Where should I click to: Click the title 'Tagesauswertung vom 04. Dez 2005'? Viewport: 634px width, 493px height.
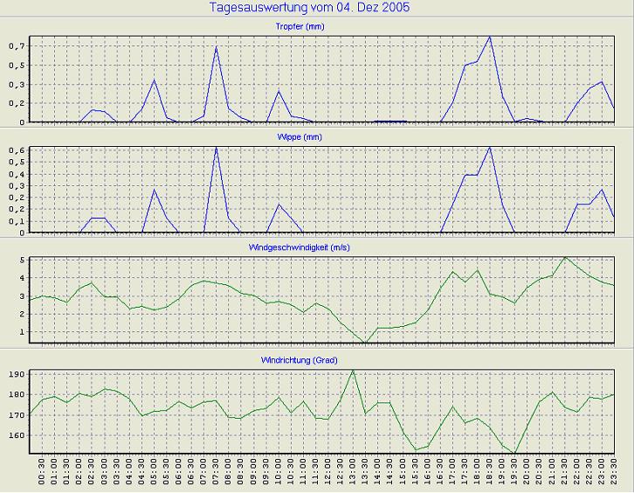[x=316, y=8]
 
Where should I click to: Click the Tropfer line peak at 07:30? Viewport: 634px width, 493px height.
[x=216, y=46]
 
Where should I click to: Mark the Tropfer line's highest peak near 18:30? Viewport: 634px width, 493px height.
[x=490, y=37]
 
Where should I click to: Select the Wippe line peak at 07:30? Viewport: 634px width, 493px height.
[x=216, y=147]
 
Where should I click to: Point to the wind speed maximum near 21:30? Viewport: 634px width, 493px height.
[x=565, y=257]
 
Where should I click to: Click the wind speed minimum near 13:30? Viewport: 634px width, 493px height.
[x=365, y=343]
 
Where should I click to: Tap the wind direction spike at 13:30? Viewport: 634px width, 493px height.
[x=353, y=371]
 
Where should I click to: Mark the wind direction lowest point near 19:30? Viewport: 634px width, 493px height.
[x=515, y=454]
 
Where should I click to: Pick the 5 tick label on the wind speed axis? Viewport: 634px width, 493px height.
[x=21, y=260]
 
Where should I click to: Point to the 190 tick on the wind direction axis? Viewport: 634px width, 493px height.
[x=16, y=374]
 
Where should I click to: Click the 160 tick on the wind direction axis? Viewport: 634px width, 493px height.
[x=16, y=435]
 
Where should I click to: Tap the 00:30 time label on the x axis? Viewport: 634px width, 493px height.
[x=42, y=475]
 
